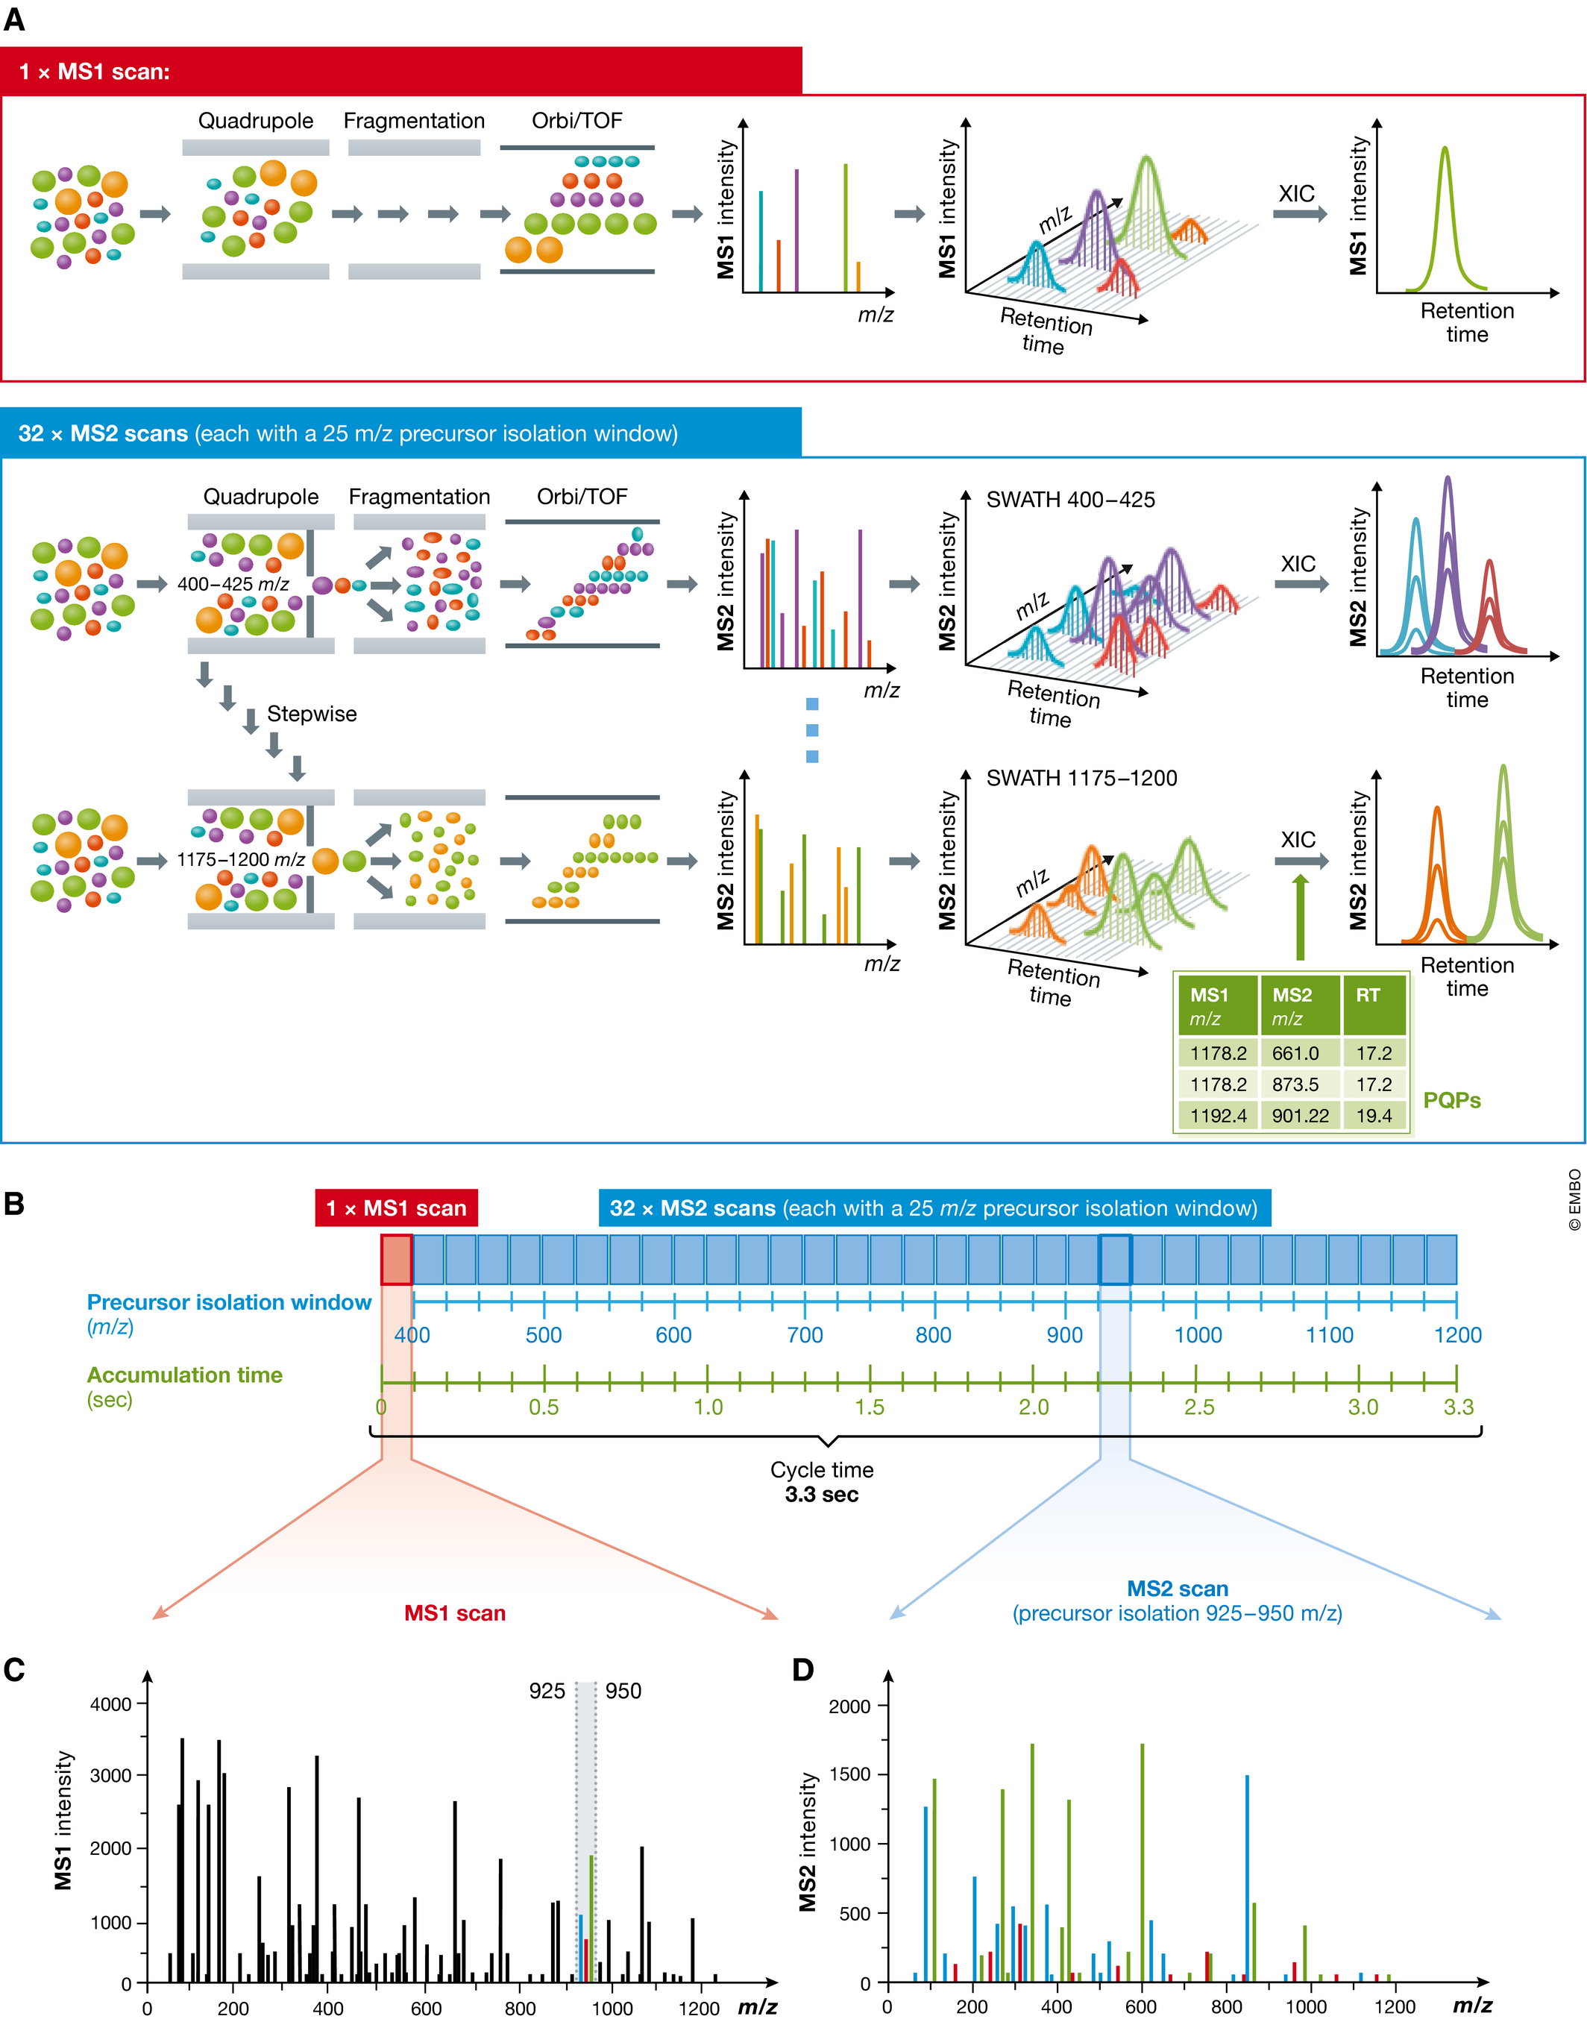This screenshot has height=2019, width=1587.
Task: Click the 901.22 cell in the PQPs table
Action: coord(1300,1115)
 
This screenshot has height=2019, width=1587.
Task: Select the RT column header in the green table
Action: coord(1368,996)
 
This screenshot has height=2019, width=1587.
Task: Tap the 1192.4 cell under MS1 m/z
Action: coord(1218,1115)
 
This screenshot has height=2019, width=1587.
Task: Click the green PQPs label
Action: coord(1451,1100)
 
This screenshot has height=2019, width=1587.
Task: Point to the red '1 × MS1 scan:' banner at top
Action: coord(400,72)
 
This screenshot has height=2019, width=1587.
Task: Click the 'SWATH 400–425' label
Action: coord(1070,500)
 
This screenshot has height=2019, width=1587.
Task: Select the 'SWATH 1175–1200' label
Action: coord(1081,778)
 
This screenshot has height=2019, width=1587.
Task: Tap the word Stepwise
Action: coord(311,714)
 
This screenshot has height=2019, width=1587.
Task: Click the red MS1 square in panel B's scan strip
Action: coord(397,1260)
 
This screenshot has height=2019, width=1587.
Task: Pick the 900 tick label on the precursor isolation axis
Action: coord(1065,1335)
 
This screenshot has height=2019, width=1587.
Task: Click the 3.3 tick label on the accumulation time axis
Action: coord(1458,1407)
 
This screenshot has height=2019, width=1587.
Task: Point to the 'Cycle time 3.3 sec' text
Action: coord(821,1482)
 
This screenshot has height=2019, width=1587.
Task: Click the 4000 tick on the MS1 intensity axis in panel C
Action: coord(110,1704)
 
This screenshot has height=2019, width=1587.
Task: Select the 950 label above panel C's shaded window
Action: coord(623,1691)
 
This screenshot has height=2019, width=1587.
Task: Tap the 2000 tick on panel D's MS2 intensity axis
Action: coord(849,1706)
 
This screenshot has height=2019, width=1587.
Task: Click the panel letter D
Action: coord(802,1670)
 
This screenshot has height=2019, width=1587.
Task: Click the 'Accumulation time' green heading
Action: coord(185,1375)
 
